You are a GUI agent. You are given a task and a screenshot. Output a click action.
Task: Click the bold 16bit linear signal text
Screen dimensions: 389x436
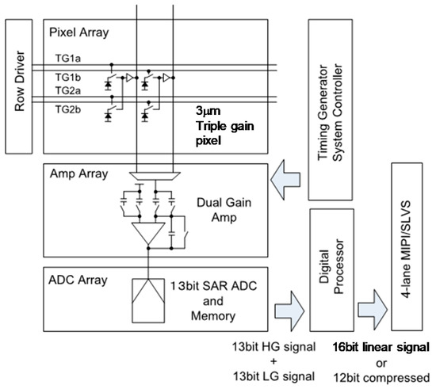click(381, 348)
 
